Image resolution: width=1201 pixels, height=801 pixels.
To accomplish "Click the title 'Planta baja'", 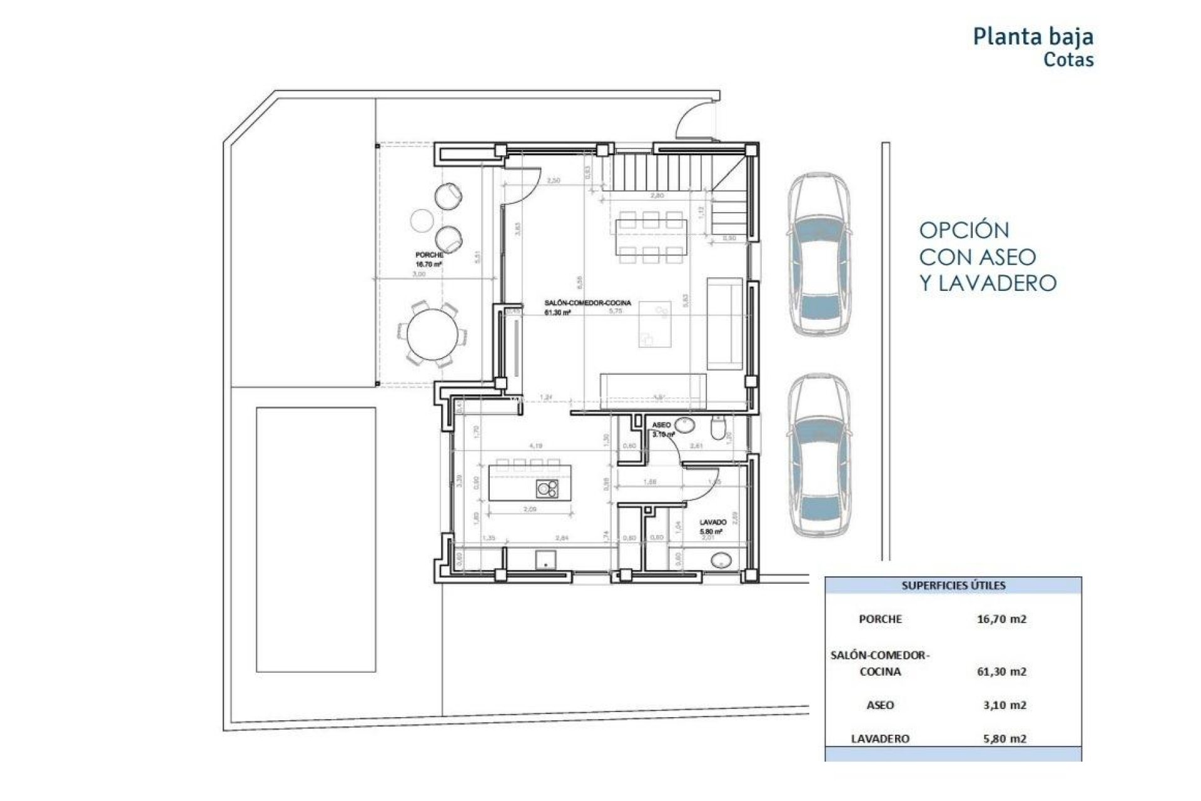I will [x=1033, y=36].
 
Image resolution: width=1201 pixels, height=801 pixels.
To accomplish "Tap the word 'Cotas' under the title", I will [x=1068, y=60].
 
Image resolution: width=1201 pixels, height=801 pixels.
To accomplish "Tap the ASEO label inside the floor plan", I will [x=661, y=425].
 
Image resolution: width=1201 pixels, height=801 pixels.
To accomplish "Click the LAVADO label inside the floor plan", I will [x=712, y=522].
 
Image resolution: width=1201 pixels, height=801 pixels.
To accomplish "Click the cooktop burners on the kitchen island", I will [x=547, y=489].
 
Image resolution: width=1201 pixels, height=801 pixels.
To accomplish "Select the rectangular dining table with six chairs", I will [x=651, y=237].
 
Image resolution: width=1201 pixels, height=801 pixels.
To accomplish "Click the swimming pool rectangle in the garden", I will [x=316, y=539].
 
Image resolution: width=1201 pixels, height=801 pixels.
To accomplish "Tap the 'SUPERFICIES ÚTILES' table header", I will [x=953, y=586].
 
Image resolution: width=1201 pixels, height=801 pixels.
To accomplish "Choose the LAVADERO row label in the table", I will [x=879, y=738].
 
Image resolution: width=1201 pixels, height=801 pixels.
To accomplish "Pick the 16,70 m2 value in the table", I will [x=1001, y=619].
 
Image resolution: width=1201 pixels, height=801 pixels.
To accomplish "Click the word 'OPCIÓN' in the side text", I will [x=964, y=230].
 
